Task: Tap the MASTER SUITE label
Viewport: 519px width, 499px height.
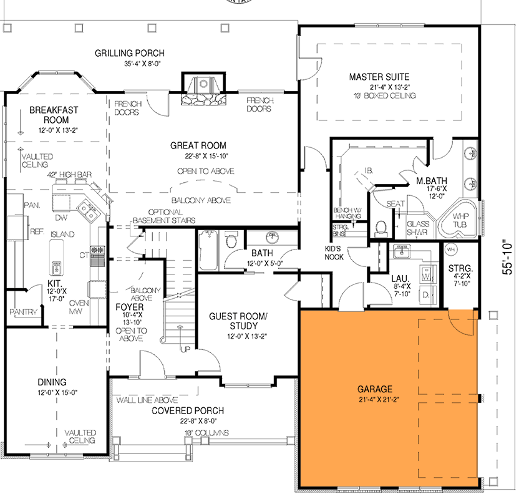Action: (379, 77)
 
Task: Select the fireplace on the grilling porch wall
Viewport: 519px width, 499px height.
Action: (203, 90)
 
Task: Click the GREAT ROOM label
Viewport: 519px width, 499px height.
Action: (198, 145)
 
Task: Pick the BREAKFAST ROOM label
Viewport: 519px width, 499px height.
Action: (54, 115)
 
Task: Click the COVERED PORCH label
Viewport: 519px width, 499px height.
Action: (188, 410)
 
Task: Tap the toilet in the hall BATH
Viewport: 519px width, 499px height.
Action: (231, 240)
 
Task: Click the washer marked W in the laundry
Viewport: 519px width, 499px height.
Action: (427, 274)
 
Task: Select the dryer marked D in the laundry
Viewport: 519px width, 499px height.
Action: (427, 294)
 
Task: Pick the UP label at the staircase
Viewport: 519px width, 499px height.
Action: (185, 349)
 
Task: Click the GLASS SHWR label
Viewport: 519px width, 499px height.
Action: (417, 227)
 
